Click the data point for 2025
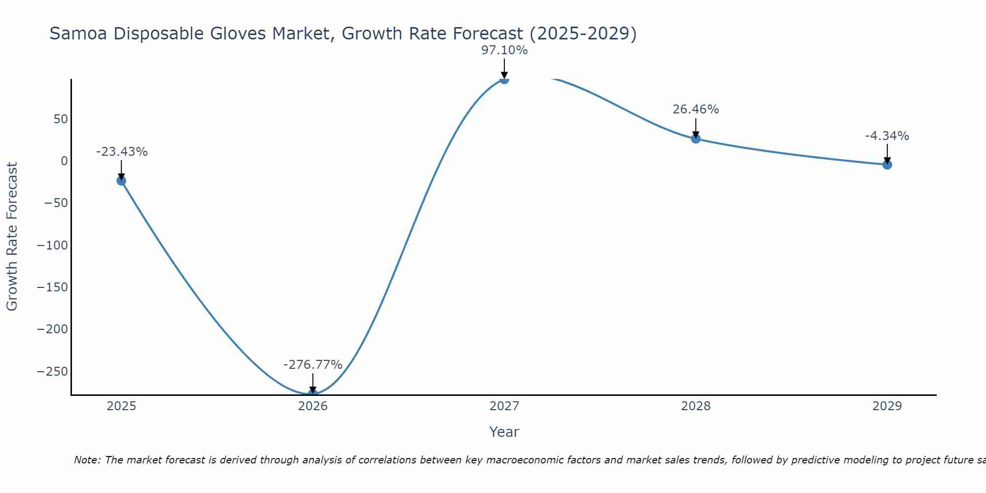coord(121,180)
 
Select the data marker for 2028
coord(696,139)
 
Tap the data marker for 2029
coord(887,165)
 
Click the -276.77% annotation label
coord(313,365)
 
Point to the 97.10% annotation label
coord(504,50)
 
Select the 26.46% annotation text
coord(696,109)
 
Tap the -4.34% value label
coord(887,136)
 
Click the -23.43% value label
coord(122,152)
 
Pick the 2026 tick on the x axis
coord(313,406)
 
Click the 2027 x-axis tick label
coord(504,406)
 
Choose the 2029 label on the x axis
coord(887,406)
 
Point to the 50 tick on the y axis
coord(61,119)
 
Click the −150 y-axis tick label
coord(52,287)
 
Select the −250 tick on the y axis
coord(52,371)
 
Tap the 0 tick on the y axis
coord(64,161)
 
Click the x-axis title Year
coord(504,432)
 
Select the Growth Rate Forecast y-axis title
coord(12,237)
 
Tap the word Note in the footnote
coord(87,460)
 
